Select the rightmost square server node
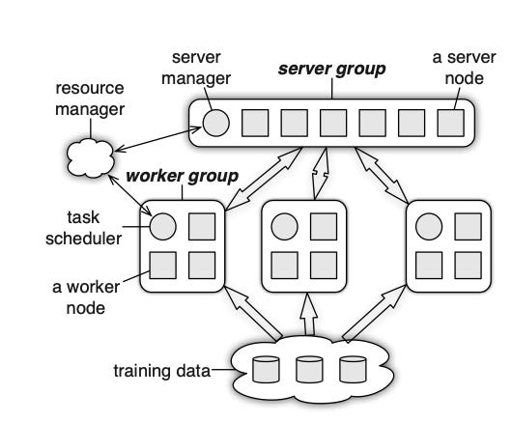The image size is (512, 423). click(x=449, y=123)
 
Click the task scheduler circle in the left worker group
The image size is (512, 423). click(x=163, y=227)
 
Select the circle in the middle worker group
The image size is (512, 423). click(x=284, y=227)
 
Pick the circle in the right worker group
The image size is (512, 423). click(x=429, y=227)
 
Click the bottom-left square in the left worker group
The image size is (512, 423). click(x=163, y=265)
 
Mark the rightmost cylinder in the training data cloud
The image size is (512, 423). click(x=353, y=370)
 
